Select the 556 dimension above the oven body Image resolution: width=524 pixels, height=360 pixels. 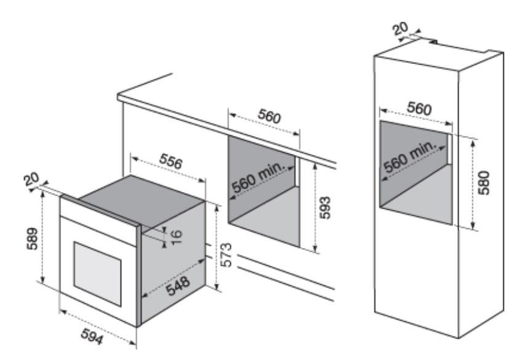click(x=171, y=161)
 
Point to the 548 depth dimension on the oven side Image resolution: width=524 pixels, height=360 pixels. click(x=178, y=286)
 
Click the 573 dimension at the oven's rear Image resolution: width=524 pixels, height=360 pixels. click(x=227, y=255)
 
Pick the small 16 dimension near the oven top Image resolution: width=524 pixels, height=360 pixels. click(x=177, y=236)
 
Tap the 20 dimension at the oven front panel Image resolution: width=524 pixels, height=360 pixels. click(x=31, y=179)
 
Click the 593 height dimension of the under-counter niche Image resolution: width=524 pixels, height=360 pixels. click(x=325, y=208)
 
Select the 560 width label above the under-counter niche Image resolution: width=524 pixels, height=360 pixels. click(x=270, y=116)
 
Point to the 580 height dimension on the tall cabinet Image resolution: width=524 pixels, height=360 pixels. click(x=483, y=182)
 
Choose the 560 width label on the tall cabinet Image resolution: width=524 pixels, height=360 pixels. click(x=419, y=108)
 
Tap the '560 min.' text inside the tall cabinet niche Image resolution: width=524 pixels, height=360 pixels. click(x=410, y=157)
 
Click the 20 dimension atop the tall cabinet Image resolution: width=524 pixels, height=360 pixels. click(x=400, y=29)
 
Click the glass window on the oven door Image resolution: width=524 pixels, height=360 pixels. click(x=97, y=274)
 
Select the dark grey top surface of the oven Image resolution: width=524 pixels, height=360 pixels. click(x=142, y=199)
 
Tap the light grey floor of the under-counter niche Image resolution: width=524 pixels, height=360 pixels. click(x=265, y=217)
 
